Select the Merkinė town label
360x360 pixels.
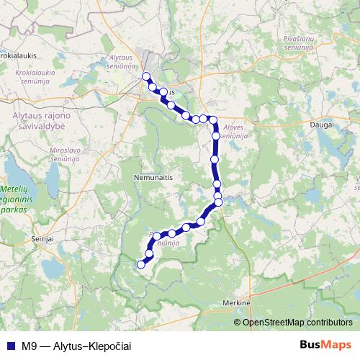237,303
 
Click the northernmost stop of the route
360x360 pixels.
146,76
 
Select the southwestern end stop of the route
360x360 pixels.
141,264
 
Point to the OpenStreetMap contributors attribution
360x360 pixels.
297,322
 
